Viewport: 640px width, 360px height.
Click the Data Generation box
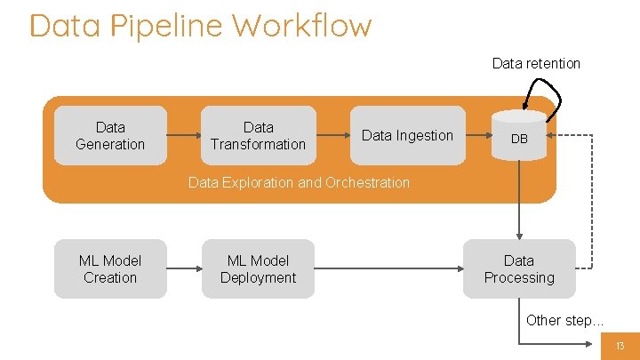[x=110, y=136]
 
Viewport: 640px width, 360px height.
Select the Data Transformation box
[x=258, y=136]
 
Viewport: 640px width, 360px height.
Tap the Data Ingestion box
[x=407, y=136]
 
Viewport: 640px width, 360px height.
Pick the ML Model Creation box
[x=110, y=268]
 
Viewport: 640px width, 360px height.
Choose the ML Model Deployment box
[x=258, y=268]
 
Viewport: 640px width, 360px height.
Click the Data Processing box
[x=519, y=268]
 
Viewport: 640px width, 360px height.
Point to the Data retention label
[x=536, y=63]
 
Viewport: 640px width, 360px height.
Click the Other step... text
[x=564, y=320]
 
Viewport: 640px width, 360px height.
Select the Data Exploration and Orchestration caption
[x=299, y=182]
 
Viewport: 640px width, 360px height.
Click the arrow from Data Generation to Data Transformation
[x=184, y=136]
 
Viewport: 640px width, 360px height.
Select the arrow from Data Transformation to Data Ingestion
[x=332, y=136]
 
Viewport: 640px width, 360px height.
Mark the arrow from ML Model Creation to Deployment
[x=184, y=268]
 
